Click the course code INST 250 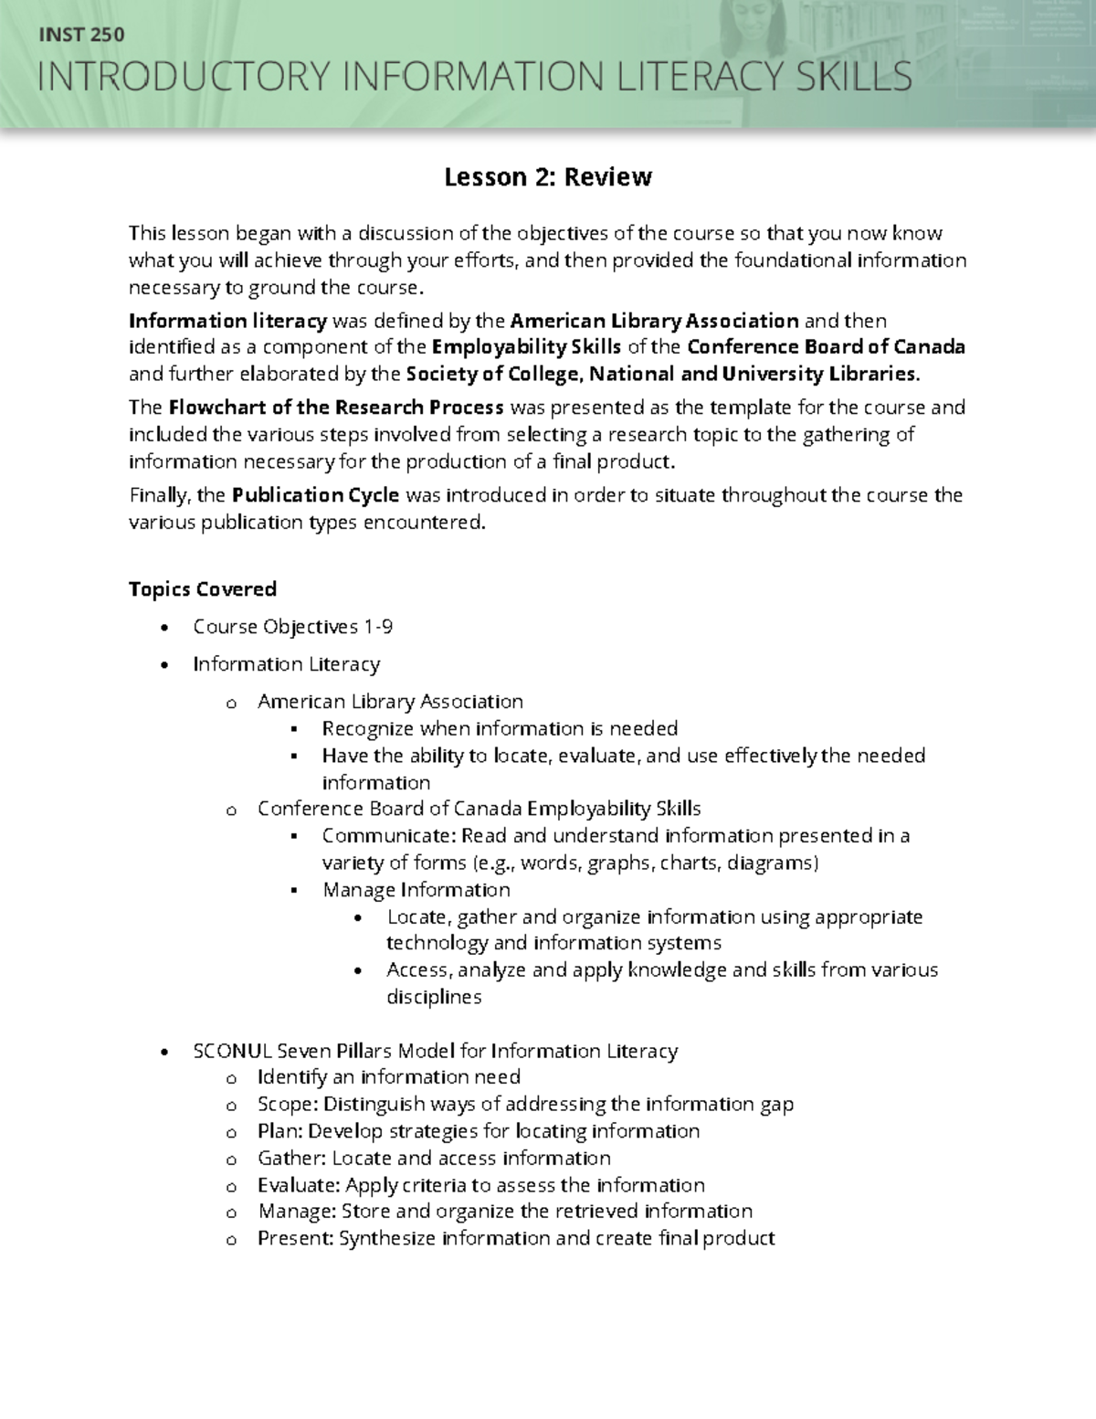pyautogui.click(x=79, y=36)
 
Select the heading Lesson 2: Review pyautogui.click(x=547, y=177)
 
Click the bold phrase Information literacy pyautogui.click(x=227, y=321)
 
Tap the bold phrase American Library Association pyautogui.click(x=654, y=321)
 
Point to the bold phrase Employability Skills pyautogui.click(x=526, y=347)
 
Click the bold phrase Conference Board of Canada pyautogui.click(x=826, y=347)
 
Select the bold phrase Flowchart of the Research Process pyautogui.click(x=336, y=408)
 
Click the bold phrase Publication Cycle pyautogui.click(x=315, y=495)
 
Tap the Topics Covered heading pyautogui.click(x=202, y=589)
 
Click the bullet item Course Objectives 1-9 pyautogui.click(x=292, y=627)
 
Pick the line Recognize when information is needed pyautogui.click(x=500, y=728)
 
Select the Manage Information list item pyautogui.click(x=416, y=890)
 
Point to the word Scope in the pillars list pyautogui.click(x=286, y=1105)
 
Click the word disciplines pyautogui.click(x=433, y=997)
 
